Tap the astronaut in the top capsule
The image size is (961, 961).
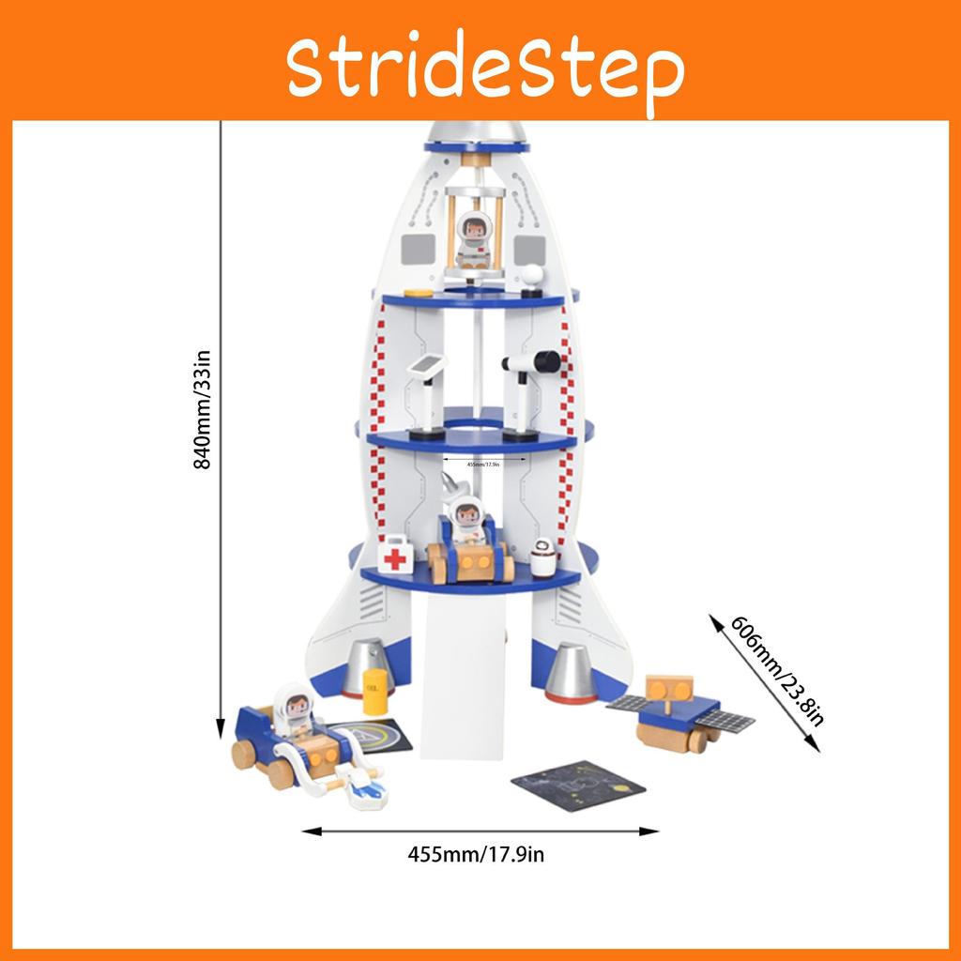tap(474, 239)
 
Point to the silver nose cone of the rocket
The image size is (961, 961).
tap(477, 132)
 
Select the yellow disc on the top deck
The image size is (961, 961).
tap(419, 294)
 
